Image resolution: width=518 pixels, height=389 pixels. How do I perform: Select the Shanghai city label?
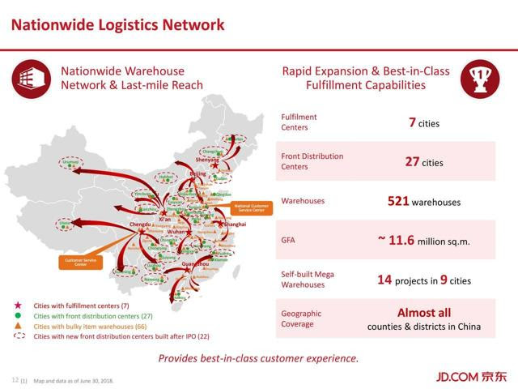[x=235, y=224]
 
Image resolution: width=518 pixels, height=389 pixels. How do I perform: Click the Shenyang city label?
[x=207, y=160]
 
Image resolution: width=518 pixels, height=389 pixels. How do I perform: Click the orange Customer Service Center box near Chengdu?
[x=75, y=262]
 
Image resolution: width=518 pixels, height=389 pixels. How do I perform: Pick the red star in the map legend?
[x=17, y=305]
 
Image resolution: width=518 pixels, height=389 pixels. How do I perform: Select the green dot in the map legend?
[x=17, y=315]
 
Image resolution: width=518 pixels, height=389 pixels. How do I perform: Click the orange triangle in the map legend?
[x=17, y=325]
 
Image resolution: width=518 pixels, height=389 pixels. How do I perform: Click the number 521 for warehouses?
[x=398, y=200]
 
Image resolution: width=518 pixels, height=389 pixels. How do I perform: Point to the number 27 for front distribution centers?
[x=411, y=161]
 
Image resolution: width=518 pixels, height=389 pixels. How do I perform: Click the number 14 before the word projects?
[x=384, y=280]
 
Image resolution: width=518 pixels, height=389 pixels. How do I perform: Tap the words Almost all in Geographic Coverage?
[x=424, y=312]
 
